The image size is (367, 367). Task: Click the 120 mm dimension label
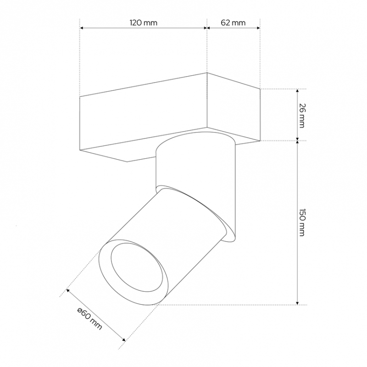[144, 22]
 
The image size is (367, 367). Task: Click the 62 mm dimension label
[233, 22]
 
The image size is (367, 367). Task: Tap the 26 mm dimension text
[303, 116]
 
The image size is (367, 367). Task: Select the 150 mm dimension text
[303, 222]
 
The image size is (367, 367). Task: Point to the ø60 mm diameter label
[89, 318]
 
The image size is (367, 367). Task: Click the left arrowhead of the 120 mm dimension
[82, 28]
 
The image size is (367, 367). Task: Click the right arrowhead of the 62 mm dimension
[258, 28]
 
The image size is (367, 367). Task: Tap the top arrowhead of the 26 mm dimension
[297, 91]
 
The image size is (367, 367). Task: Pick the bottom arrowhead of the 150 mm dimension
[297, 303]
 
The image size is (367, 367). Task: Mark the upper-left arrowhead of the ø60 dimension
[68, 290]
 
